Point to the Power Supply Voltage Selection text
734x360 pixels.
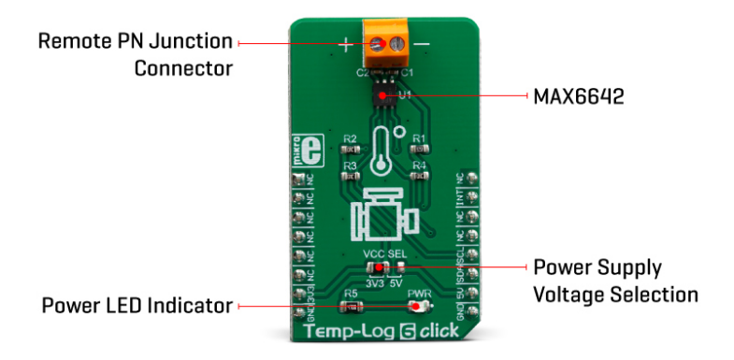pyautogui.click(x=614, y=281)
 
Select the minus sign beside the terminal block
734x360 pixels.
pyautogui.click(x=423, y=44)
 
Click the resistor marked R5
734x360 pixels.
pyautogui.click(x=351, y=305)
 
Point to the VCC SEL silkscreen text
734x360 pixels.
pyautogui.click(x=384, y=253)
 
